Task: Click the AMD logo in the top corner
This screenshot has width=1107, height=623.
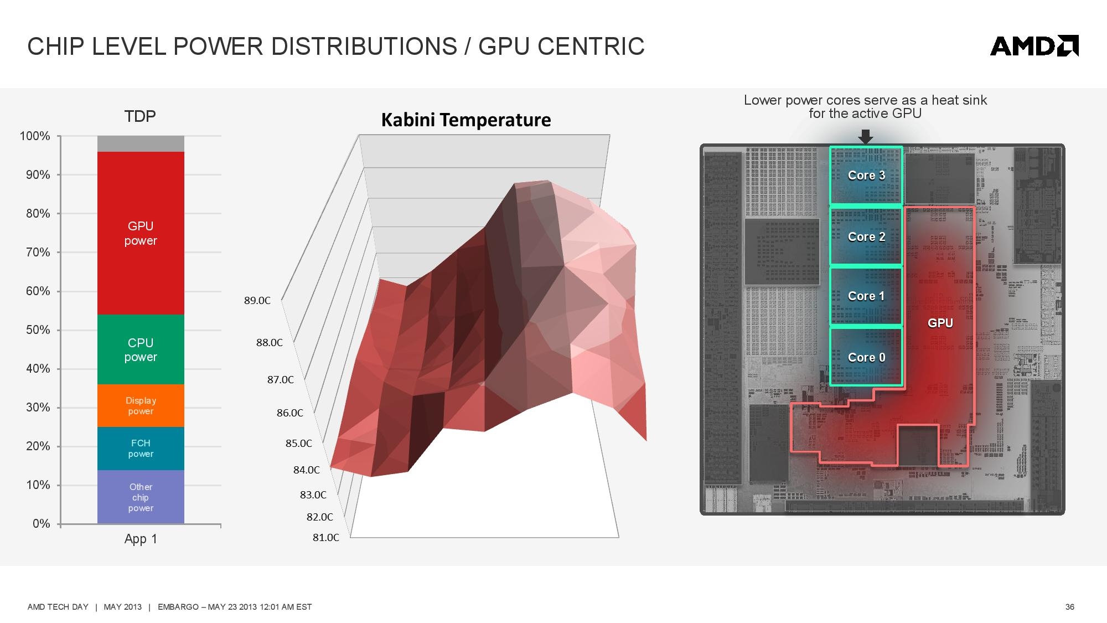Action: click(1034, 46)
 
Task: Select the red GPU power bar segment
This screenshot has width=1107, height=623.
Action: click(141, 233)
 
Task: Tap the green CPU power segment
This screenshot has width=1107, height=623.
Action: click(141, 349)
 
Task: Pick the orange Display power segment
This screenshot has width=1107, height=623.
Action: click(141, 405)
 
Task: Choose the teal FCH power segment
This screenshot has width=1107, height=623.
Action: click(141, 449)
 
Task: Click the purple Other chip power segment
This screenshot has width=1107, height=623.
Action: click(141, 497)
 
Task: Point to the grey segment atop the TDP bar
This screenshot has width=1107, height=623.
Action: click(141, 144)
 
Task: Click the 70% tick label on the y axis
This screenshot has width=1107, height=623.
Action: click(38, 253)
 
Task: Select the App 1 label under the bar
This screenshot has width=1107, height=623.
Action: click(141, 539)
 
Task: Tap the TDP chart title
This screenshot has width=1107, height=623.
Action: click(140, 116)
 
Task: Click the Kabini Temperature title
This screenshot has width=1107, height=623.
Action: click(466, 120)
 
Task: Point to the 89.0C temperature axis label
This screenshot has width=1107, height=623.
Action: click(257, 301)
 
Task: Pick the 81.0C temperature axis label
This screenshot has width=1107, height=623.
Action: click(326, 538)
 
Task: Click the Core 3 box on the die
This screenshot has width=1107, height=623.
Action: click(866, 176)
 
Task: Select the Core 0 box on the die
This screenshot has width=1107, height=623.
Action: click(866, 357)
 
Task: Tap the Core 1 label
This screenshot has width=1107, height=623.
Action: click(866, 296)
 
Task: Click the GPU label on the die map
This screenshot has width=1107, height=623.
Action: click(940, 323)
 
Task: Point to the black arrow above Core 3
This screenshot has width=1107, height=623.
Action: click(866, 137)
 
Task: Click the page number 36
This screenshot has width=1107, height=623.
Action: click(1070, 607)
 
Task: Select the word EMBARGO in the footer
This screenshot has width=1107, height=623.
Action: click(178, 607)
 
